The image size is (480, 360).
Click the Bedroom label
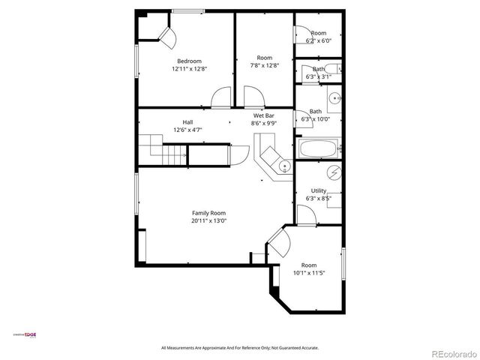click(189, 61)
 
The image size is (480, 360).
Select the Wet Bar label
click(262, 115)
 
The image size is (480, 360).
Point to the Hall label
click(187, 122)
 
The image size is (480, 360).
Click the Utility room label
click(318, 190)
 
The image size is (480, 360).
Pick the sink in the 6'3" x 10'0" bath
click(334, 97)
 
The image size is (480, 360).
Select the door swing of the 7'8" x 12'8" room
click(253, 96)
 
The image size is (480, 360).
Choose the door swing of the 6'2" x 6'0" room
click(300, 34)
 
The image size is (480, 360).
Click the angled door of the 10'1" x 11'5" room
click(279, 244)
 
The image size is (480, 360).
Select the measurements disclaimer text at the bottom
click(240, 348)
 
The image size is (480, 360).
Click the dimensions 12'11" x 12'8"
click(189, 68)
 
